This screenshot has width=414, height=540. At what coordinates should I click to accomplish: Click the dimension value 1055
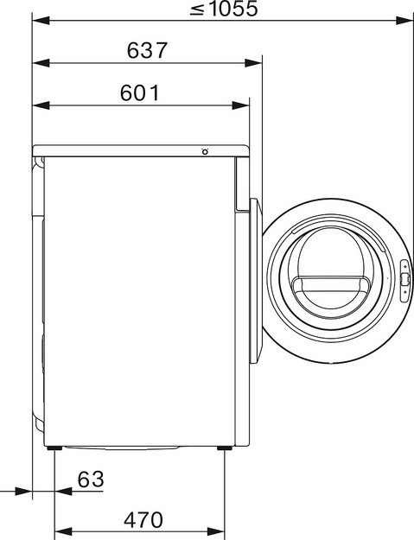click(x=233, y=9)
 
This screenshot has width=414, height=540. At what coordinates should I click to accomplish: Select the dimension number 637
click(x=147, y=50)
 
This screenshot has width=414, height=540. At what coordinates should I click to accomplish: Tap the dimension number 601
click(x=140, y=93)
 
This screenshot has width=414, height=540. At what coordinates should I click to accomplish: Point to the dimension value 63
click(x=91, y=479)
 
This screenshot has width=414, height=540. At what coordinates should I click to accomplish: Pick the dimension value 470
click(x=143, y=520)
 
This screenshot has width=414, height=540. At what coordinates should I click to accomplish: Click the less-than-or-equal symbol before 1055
click(x=198, y=10)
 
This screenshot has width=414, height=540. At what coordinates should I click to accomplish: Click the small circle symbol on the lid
click(x=205, y=151)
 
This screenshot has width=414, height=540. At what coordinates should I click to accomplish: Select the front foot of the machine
click(x=225, y=448)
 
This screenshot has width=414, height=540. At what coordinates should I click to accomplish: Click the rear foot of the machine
click(x=54, y=448)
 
